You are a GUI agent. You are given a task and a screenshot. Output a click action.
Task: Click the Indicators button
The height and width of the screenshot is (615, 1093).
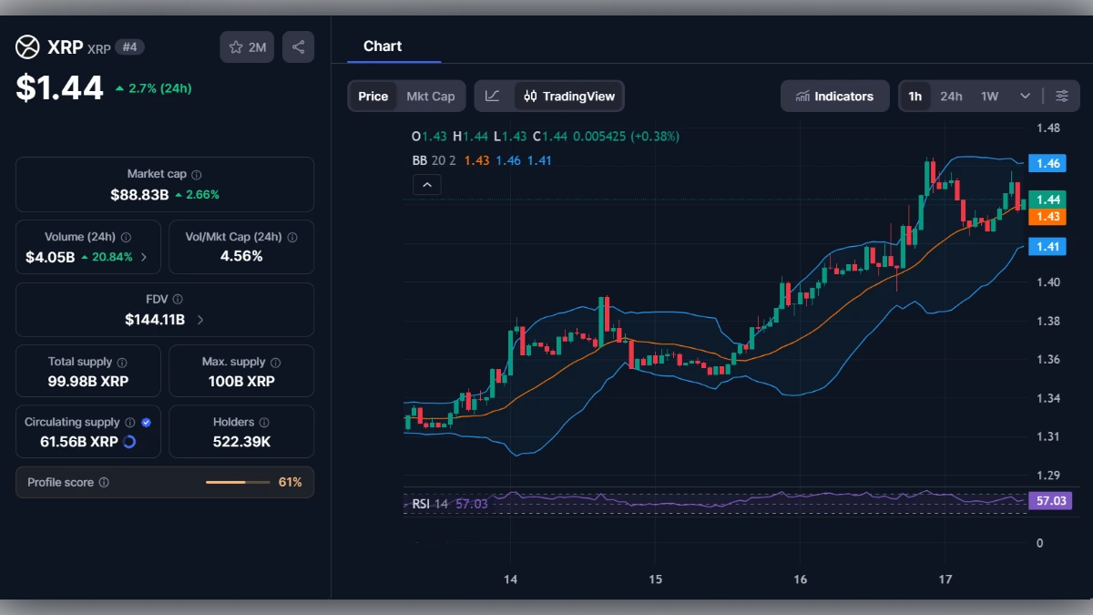point(834,97)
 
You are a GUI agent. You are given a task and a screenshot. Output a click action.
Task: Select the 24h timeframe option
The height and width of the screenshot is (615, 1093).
point(951,97)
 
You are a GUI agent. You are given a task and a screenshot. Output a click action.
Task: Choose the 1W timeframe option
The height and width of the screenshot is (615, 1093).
point(989,97)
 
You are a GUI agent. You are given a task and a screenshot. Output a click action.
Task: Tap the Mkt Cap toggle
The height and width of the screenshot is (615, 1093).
point(430,97)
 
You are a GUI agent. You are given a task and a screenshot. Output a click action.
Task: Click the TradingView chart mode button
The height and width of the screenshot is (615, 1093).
point(569,97)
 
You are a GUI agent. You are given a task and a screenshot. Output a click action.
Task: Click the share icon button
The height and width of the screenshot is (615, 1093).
point(298,47)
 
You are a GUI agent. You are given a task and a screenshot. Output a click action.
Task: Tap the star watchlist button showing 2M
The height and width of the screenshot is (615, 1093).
point(247,47)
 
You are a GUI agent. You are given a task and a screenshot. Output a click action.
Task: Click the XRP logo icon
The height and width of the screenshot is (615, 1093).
point(28,47)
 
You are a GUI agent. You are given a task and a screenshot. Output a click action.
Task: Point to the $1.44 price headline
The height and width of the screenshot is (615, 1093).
point(60,87)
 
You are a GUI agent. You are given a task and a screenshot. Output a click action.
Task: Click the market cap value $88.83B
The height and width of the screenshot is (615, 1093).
point(139,195)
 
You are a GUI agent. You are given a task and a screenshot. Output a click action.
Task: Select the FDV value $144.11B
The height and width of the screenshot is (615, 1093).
point(155,320)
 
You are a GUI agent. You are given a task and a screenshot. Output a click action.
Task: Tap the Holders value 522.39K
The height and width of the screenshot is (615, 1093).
point(241,442)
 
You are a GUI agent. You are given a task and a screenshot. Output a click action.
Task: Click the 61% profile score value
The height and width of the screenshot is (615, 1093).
point(290,482)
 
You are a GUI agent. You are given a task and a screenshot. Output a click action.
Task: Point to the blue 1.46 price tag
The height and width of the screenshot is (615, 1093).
point(1047,164)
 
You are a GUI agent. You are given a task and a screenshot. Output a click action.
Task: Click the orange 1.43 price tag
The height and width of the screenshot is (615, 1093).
point(1047,216)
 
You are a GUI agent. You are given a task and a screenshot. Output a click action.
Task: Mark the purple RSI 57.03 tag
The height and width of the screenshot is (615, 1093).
point(1047,501)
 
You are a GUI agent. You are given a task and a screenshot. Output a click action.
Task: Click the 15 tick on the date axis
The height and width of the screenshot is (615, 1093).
point(655,579)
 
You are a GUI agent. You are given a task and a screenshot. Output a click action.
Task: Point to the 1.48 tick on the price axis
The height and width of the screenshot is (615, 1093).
point(1047,128)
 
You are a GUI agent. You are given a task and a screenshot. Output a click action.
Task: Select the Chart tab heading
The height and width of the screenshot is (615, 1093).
point(383,46)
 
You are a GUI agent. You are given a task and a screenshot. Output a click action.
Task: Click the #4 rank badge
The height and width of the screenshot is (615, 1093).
point(129,47)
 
